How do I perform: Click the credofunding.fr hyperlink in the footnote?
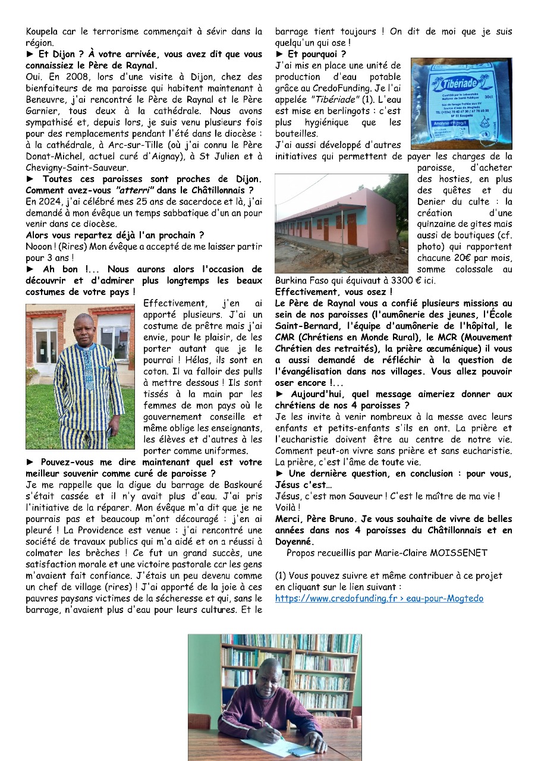coord(379,598)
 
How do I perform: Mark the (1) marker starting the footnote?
coord(282,576)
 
